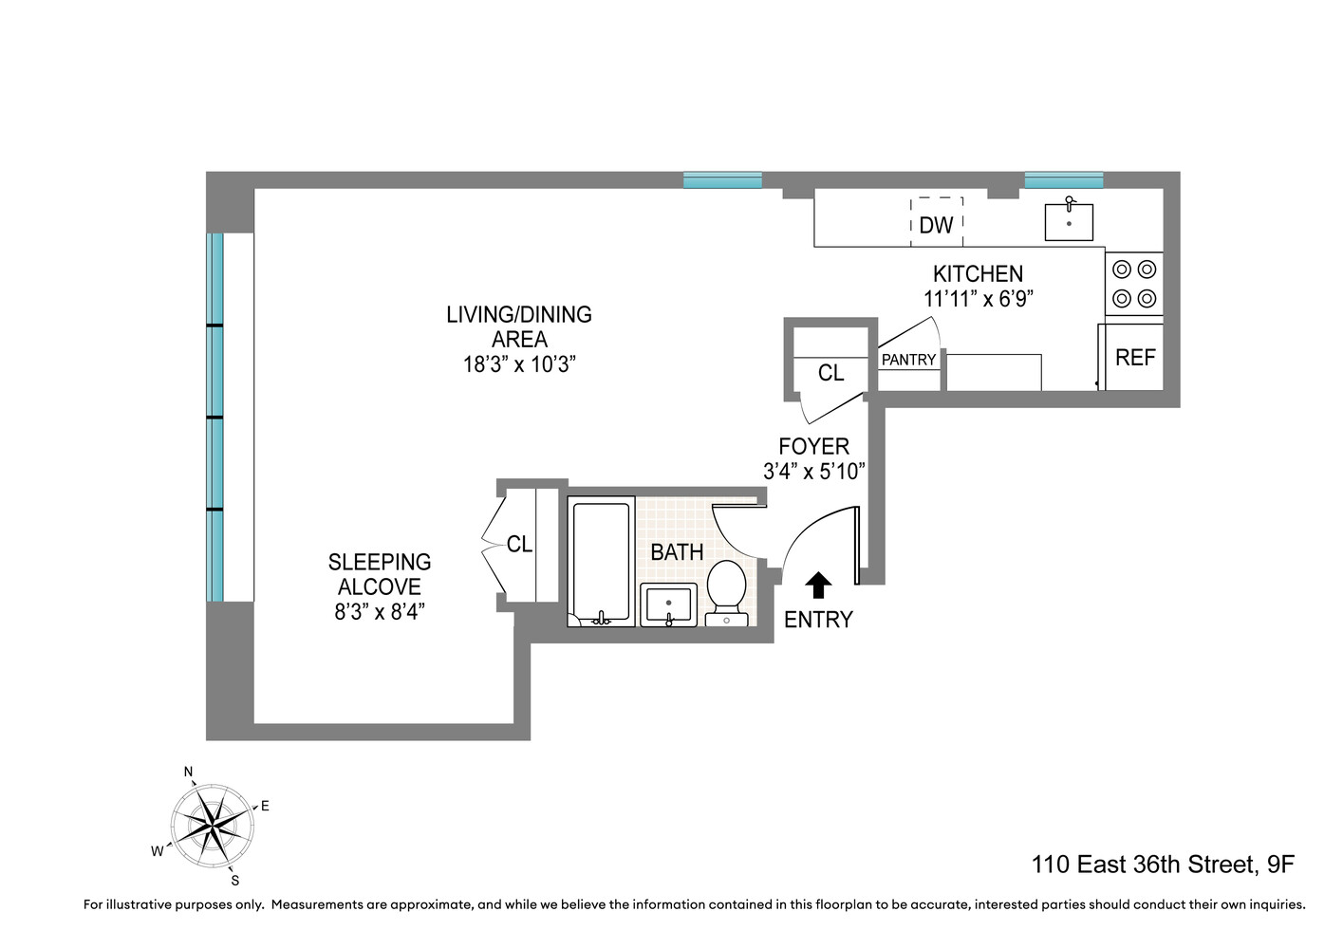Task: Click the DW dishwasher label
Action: [936, 225]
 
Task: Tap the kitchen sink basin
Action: [1069, 223]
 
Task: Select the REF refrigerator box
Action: [1134, 358]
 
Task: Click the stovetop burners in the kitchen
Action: [1134, 284]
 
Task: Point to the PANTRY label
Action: [908, 360]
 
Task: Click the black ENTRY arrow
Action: [818, 586]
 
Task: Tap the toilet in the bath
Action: [727, 588]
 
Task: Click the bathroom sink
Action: [669, 604]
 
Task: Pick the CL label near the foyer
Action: [830, 373]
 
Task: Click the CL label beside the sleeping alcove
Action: [519, 544]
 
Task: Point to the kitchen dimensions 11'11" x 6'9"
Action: [978, 299]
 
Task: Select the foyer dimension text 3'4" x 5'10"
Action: [813, 472]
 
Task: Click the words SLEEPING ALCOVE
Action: [380, 574]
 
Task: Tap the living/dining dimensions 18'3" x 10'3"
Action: [519, 364]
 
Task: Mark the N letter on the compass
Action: [188, 772]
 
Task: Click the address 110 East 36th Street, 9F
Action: [1163, 865]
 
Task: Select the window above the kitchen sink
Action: [1063, 180]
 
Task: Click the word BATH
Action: [677, 551]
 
